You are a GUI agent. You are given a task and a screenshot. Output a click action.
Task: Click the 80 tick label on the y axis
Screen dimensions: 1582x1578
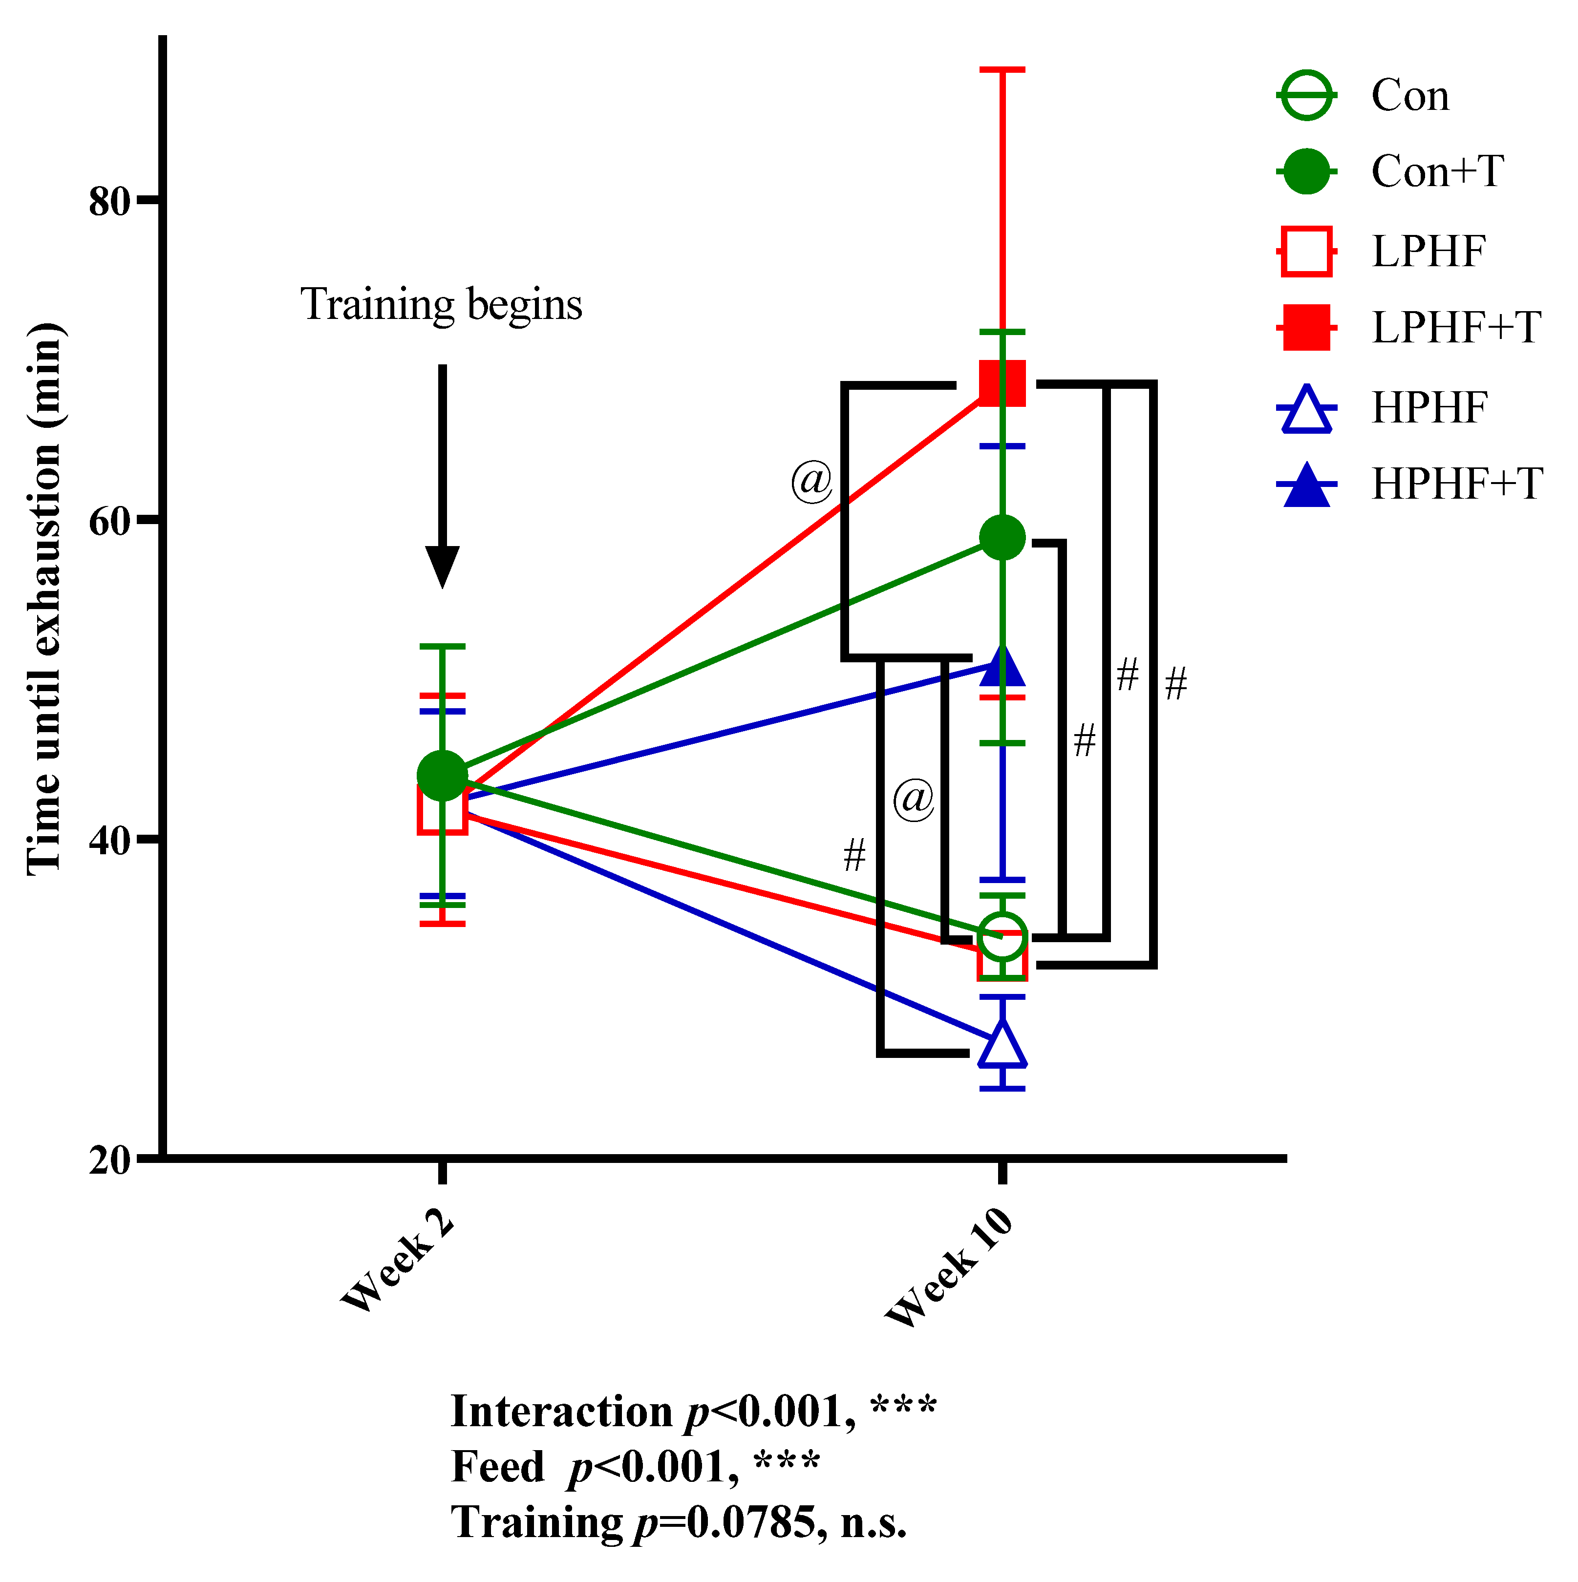(x=110, y=201)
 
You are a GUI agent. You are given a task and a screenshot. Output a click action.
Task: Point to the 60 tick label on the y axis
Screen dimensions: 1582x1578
(x=110, y=521)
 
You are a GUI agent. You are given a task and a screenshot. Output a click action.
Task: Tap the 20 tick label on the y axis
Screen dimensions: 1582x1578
(x=110, y=1160)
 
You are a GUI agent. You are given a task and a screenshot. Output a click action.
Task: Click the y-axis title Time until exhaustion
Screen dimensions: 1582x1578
(x=45, y=598)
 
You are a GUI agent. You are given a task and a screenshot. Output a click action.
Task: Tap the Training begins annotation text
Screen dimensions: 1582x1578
(x=441, y=305)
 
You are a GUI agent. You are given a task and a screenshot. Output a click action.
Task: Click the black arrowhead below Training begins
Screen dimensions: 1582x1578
(x=442, y=566)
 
